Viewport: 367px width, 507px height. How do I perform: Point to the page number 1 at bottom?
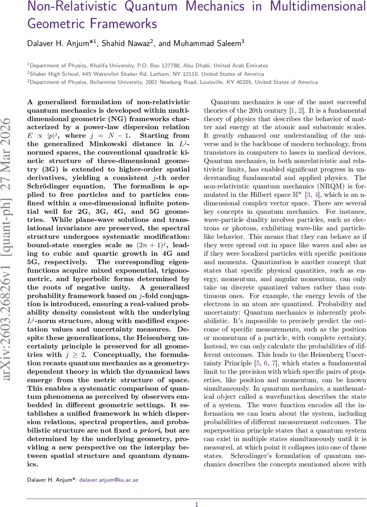click(196, 504)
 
